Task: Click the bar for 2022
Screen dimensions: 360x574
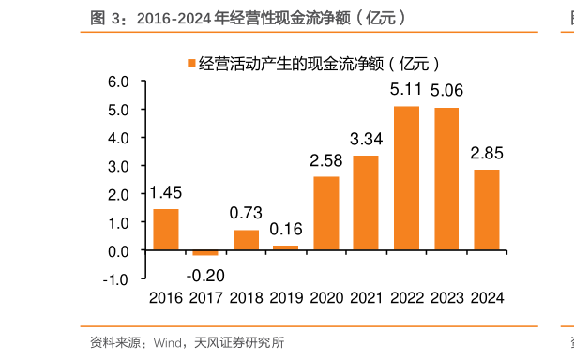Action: tap(406, 178)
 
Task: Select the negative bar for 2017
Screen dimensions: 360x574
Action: tap(205, 253)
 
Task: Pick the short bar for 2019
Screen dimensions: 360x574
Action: tap(285, 248)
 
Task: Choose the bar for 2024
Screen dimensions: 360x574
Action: tap(486, 210)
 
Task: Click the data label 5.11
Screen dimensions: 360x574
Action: tap(406, 91)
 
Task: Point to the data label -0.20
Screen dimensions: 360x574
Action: tap(205, 275)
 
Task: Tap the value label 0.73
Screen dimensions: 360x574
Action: tap(246, 213)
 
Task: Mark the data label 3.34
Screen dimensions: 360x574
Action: tap(366, 140)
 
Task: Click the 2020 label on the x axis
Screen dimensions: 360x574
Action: tap(326, 298)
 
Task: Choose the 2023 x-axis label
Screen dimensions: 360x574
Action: tap(446, 298)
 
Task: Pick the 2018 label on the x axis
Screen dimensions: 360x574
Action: tap(246, 298)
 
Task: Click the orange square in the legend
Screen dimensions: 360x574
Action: tap(190, 64)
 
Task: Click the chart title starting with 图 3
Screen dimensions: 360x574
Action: tap(249, 17)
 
